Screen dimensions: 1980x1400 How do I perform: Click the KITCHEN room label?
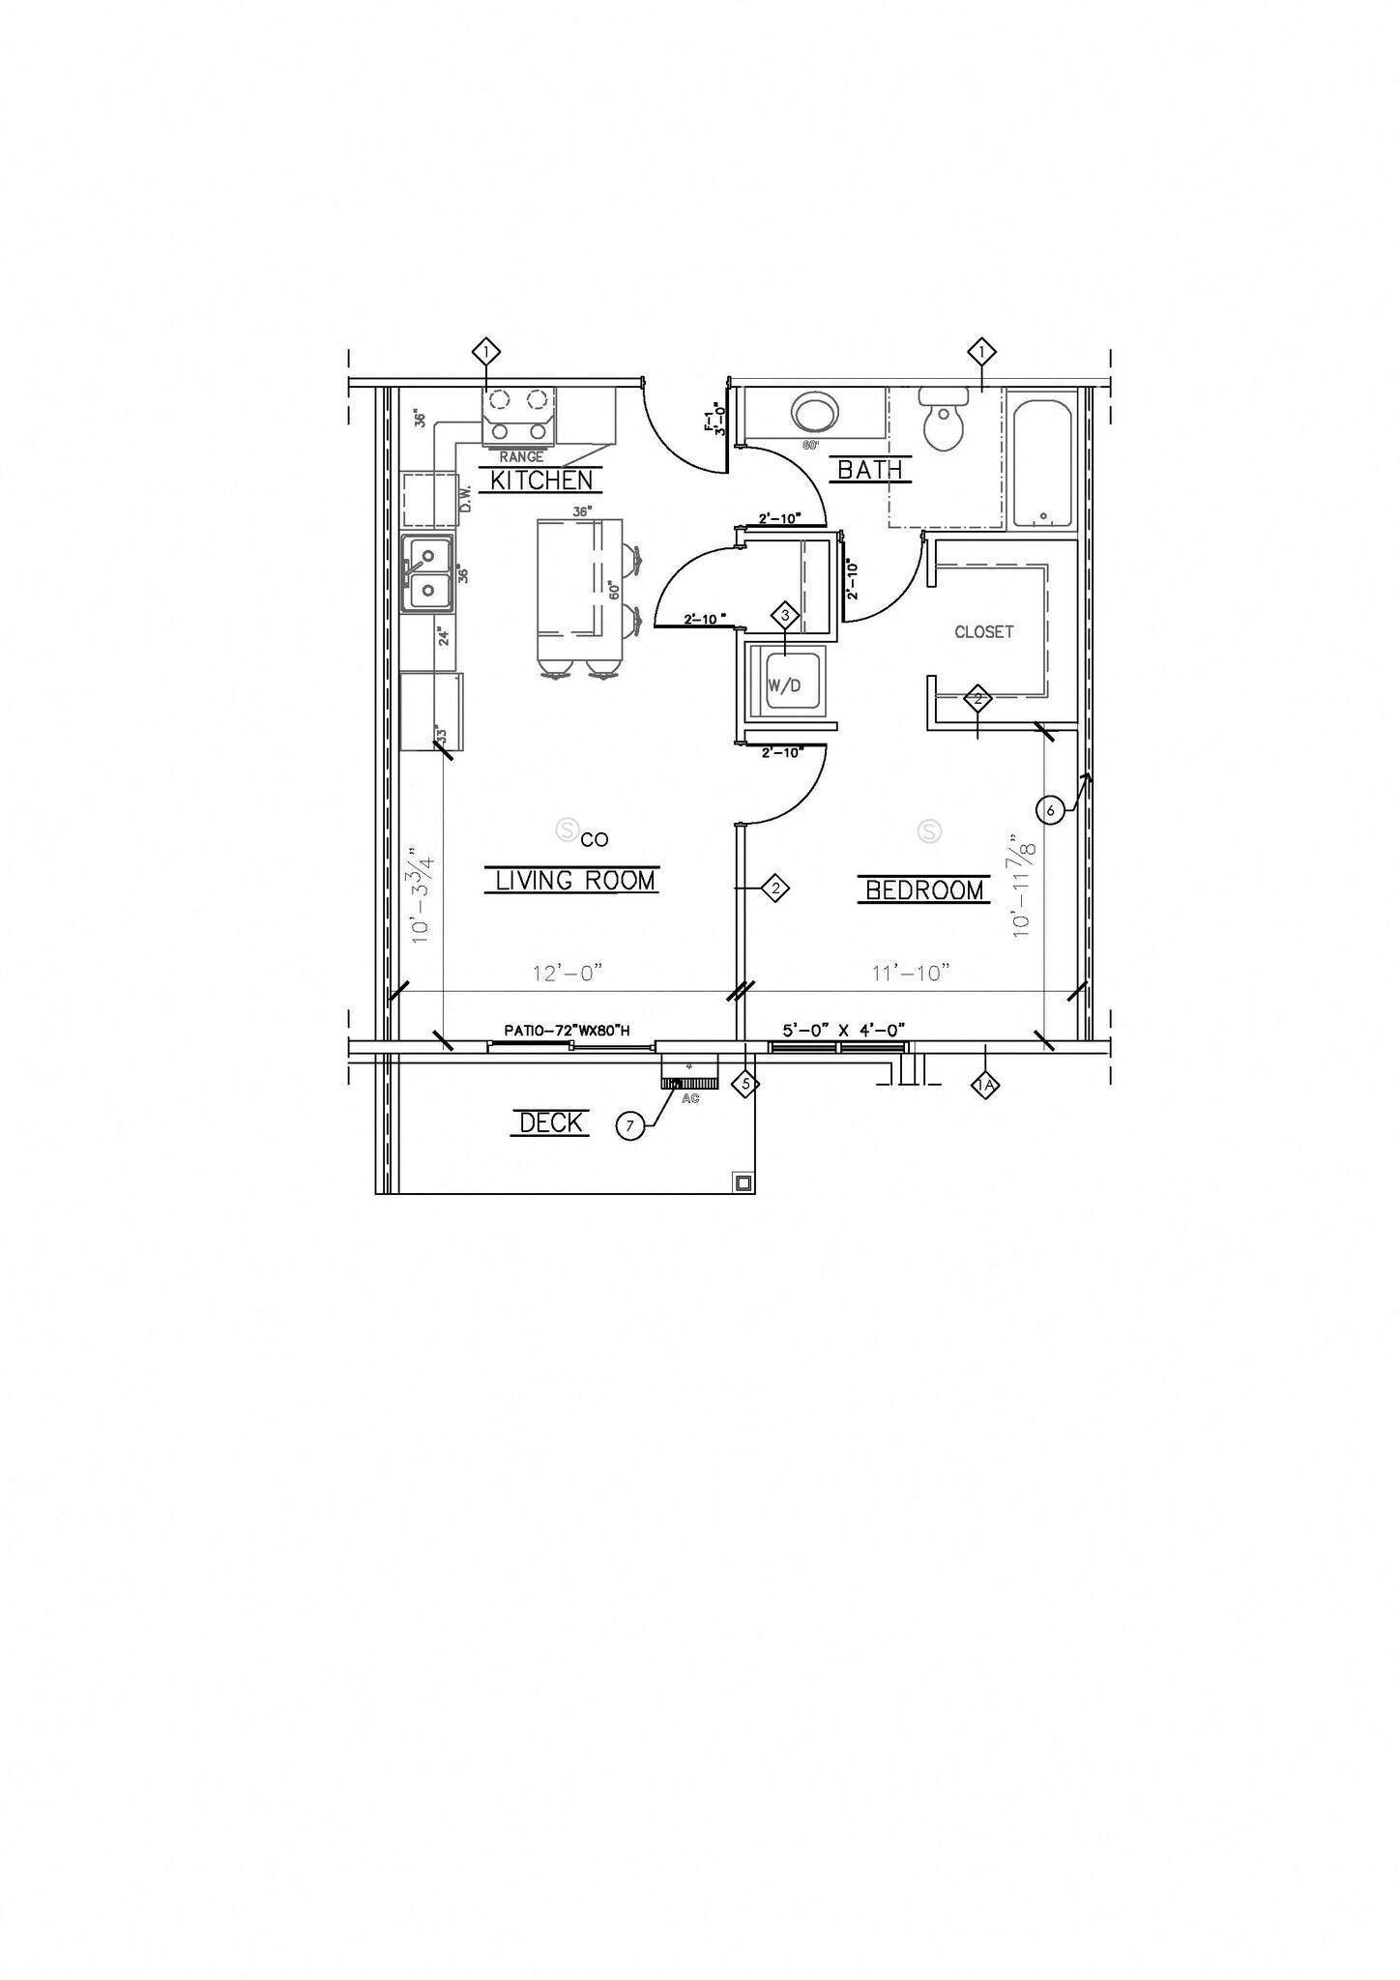click(541, 480)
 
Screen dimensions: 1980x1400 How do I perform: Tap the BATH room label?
click(869, 470)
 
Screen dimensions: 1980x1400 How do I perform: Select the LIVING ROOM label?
click(575, 880)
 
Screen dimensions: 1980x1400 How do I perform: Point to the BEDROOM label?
click(924, 889)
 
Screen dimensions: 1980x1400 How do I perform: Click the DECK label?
click(551, 1122)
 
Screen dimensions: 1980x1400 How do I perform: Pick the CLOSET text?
click(983, 632)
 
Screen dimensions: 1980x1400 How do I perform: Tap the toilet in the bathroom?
click(944, 421)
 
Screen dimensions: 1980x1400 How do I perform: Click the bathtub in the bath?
click(1041, 461)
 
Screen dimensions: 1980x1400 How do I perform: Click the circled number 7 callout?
click(630, 1125)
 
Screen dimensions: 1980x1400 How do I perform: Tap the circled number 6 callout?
click(1051, 810)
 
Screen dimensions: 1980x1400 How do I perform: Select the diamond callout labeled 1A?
click(985, 1086)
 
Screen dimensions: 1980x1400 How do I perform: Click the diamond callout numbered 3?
click(785, 615)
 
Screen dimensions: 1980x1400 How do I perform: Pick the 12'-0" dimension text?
click(569, 974)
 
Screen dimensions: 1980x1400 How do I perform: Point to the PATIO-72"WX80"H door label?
click(567, 1031)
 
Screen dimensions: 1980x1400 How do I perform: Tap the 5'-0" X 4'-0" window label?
click(843, 1031)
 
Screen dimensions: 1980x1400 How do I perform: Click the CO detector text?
click(595, 840)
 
